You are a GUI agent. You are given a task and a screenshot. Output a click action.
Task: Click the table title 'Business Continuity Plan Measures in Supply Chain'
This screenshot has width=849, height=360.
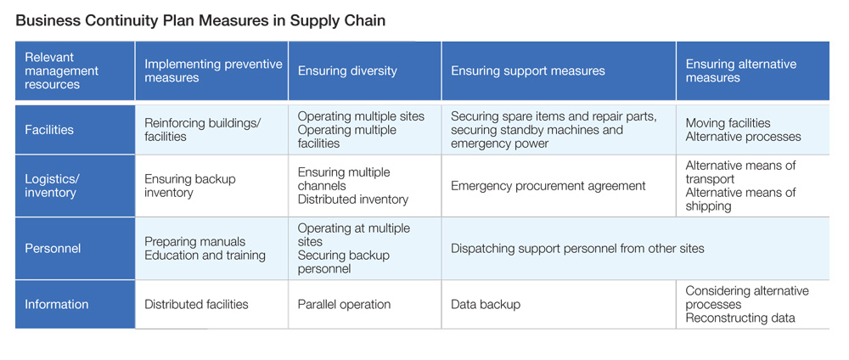pyautogui.click(x=200, y=21)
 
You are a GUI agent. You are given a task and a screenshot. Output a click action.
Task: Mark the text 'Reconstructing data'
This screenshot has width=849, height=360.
pyautogui.click(x=740, y=318)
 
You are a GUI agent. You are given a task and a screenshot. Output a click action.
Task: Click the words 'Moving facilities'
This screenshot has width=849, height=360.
pyautogui.click(x=728, y=123)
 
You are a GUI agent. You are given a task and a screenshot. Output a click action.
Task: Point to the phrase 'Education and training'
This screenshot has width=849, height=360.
pyautogui.click(x=205, y=255)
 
